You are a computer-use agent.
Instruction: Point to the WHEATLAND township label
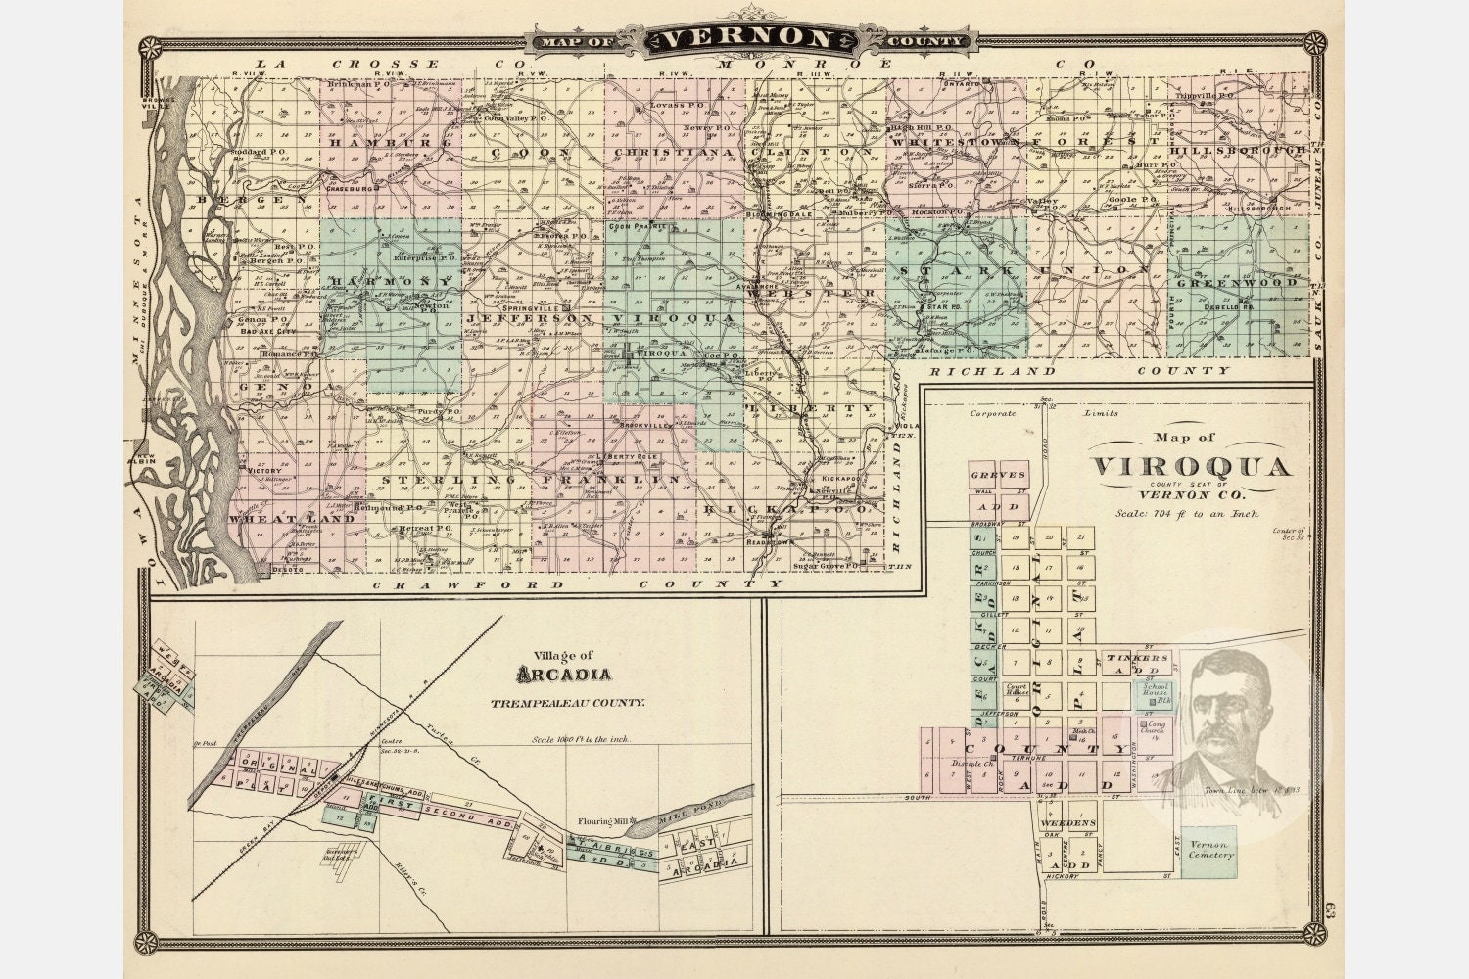(x=292, y=519)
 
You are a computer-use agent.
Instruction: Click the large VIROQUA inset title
(x=1190, y=466)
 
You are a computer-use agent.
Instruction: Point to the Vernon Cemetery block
(x=1208, y=850)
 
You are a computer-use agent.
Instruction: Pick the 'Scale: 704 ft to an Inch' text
(x=1186, y=512)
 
